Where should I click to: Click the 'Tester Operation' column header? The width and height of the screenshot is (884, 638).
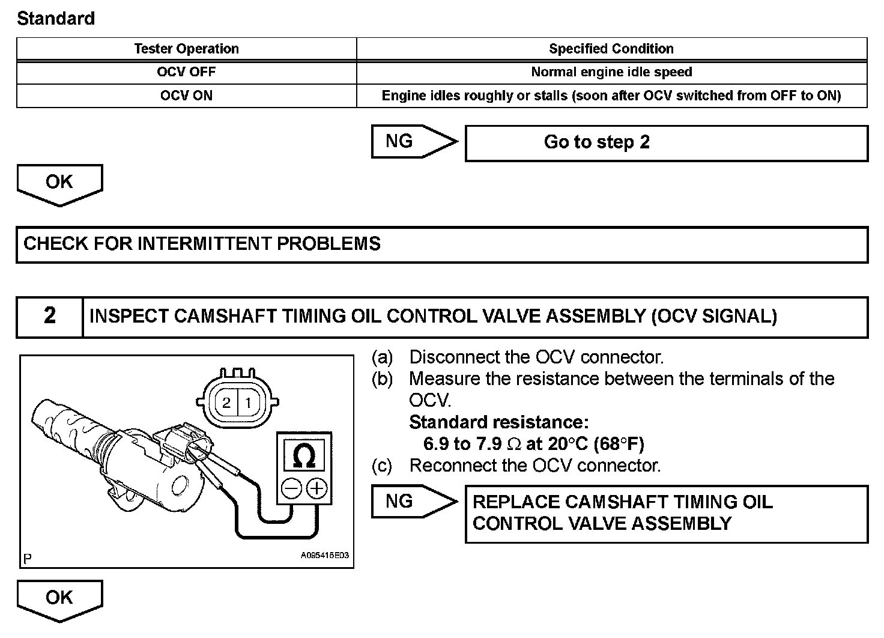tap(186, 49)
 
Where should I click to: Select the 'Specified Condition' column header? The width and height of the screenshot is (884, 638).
tap(611, 49)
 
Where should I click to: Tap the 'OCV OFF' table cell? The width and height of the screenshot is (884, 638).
tap(186, 72)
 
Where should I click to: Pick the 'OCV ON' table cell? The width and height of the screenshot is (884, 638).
tap(186, 96)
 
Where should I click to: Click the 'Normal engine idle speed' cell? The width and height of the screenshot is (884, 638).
tap(611, 72)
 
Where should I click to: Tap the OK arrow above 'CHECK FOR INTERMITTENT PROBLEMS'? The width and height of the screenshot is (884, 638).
tap(59, 183)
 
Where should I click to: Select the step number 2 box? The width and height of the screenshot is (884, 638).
tap(50, 316)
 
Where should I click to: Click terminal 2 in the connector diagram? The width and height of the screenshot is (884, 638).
tap(226, 403)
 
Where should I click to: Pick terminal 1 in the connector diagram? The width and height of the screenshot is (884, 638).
tap(248, 403)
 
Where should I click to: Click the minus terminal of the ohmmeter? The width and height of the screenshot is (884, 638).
tap(291, 488)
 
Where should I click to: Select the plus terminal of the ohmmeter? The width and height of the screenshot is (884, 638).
tap(317, 488)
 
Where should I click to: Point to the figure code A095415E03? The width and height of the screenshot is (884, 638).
tap(324, 556)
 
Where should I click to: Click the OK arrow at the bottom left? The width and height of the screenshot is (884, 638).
tap(59, 598)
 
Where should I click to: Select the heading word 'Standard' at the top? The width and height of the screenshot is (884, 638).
tap(56, 19)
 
